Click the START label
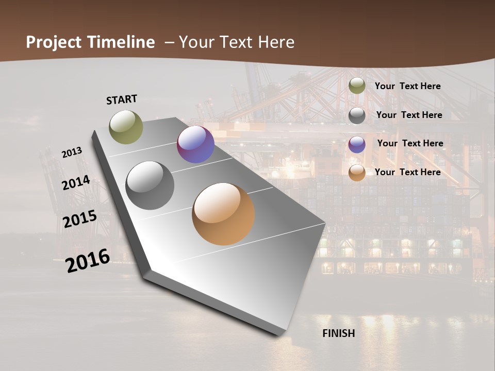pos(122,99)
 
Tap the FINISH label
pos(339,333)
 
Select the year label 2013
pos(72,153)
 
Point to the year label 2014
pos(76,183)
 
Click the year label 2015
pos(80,219)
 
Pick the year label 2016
pos(88,261)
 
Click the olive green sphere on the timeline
pos(126,127)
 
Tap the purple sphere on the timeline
pos(195,145)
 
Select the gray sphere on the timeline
pos(150,185)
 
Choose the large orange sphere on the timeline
pos(223,214)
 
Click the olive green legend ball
pos(357,86)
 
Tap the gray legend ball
pos(357,115)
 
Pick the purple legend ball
pos(357,144)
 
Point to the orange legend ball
pos(357,173)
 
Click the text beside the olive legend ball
pos(408,87)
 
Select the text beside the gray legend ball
pos(409,115)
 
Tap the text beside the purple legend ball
pos(410,143)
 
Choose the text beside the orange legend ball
pos(408,172)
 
